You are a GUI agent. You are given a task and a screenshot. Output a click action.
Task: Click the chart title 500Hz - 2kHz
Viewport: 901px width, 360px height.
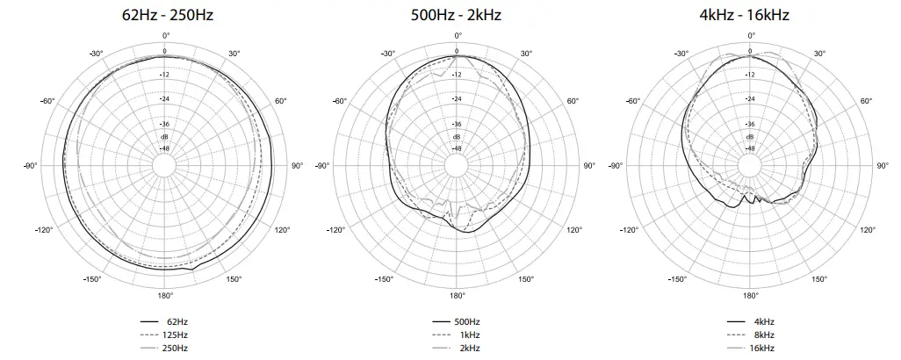coord(457,15)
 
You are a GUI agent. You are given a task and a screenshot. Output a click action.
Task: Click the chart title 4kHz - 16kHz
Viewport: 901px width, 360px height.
coord(750,15)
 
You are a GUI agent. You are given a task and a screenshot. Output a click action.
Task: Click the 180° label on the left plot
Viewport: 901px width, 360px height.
coord(165,296)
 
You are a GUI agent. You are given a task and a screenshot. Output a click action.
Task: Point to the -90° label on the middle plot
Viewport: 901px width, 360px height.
coord(322,166)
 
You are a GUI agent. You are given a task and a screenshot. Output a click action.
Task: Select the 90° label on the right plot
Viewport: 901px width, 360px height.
coord(882,166)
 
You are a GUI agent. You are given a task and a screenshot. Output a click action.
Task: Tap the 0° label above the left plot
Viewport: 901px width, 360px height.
coord(165,35)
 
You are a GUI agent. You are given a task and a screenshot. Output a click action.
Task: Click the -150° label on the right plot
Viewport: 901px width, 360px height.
coord(677,279)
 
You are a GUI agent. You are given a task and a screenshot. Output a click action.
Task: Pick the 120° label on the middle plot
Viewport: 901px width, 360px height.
coord(573,230)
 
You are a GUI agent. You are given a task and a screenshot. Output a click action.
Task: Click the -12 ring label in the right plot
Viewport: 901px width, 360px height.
coord(750,75)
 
